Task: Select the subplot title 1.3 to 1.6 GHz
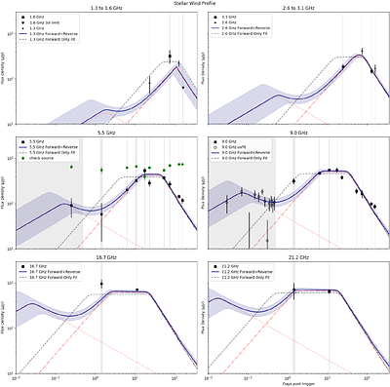coord(101,9)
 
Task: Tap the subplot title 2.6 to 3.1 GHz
coord(293,9)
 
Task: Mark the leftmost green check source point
coord(71,167)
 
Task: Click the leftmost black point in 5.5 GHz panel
coord(70,205)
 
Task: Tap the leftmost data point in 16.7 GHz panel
coord(101,285)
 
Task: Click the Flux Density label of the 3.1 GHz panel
coord(203,68)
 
